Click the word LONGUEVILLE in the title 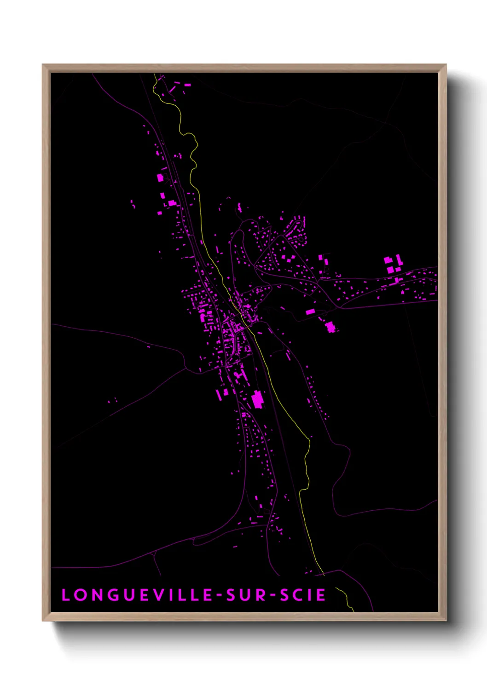[133, 595]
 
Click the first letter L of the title [65, 595]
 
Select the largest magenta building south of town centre [257, 399]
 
